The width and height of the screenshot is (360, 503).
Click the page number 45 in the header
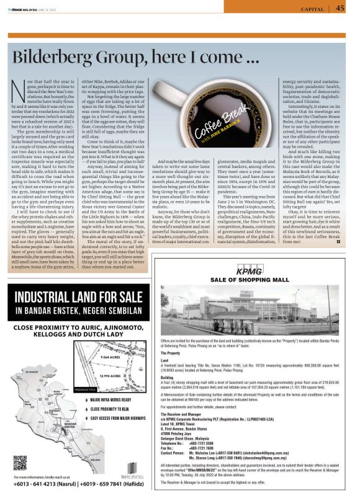point(340,8)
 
